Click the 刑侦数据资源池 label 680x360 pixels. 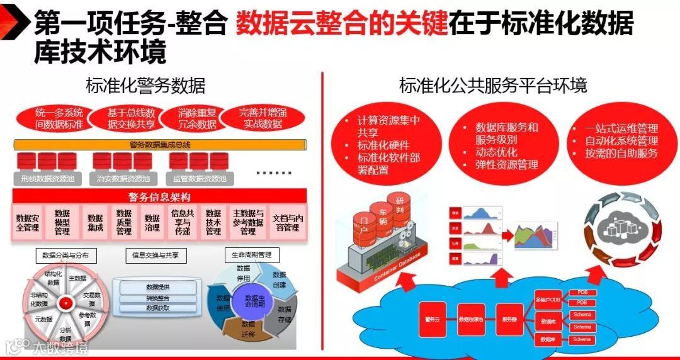pyautogui.click(x=48, y=179)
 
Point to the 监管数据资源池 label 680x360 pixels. pyautogui.click(x=198, y=179)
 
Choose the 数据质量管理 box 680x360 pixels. pyautogui.click(x=124, y=222)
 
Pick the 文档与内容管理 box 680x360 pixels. pyautogui.click(x=288, y=222)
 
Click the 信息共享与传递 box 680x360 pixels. pyautogui.click(x=181, y=222)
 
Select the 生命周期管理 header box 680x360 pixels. pyautogui.click(x=251, y=255)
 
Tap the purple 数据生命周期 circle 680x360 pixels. pyautogui.click(x=255, y=301)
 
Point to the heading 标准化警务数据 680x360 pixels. pyautogui.click(x=145, y=86)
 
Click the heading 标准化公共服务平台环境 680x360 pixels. pyautogui.click(x=493, y=86)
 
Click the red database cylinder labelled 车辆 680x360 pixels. pyautogui.click(x=381, y=216)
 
